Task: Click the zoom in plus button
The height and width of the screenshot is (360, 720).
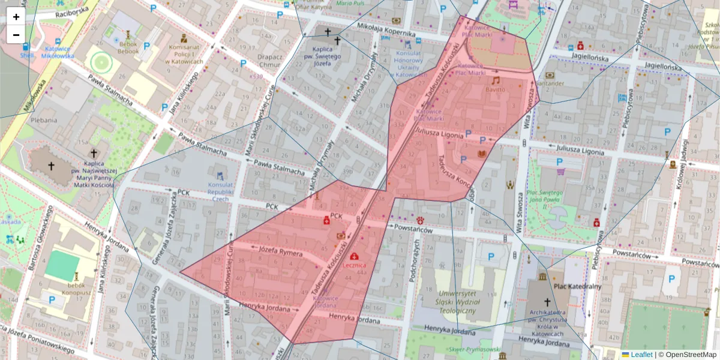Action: click(x=16, y=17)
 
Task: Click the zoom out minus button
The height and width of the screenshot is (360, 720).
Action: click(x=16, y=35)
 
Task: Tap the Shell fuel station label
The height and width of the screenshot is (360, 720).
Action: click(x=27, y=55)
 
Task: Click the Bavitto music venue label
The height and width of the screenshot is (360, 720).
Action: click(x=496, y=89)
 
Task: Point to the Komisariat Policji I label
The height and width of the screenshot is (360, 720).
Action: click(x=187, y=54)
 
